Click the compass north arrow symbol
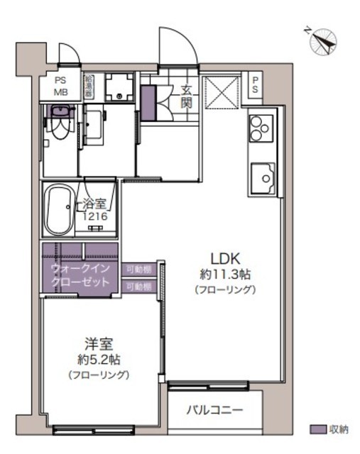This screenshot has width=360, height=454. point(323,41)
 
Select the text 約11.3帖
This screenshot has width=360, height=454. point(223,274)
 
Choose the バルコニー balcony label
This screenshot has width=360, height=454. point(215,410)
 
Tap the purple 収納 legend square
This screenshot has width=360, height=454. point(318,429)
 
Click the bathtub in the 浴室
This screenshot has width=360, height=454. point(60,211)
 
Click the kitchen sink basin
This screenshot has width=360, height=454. point(262,175)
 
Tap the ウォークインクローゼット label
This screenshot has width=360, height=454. point(81,275)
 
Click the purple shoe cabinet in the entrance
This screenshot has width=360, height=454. point(147,103)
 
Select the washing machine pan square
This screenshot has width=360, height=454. point(119,89)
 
